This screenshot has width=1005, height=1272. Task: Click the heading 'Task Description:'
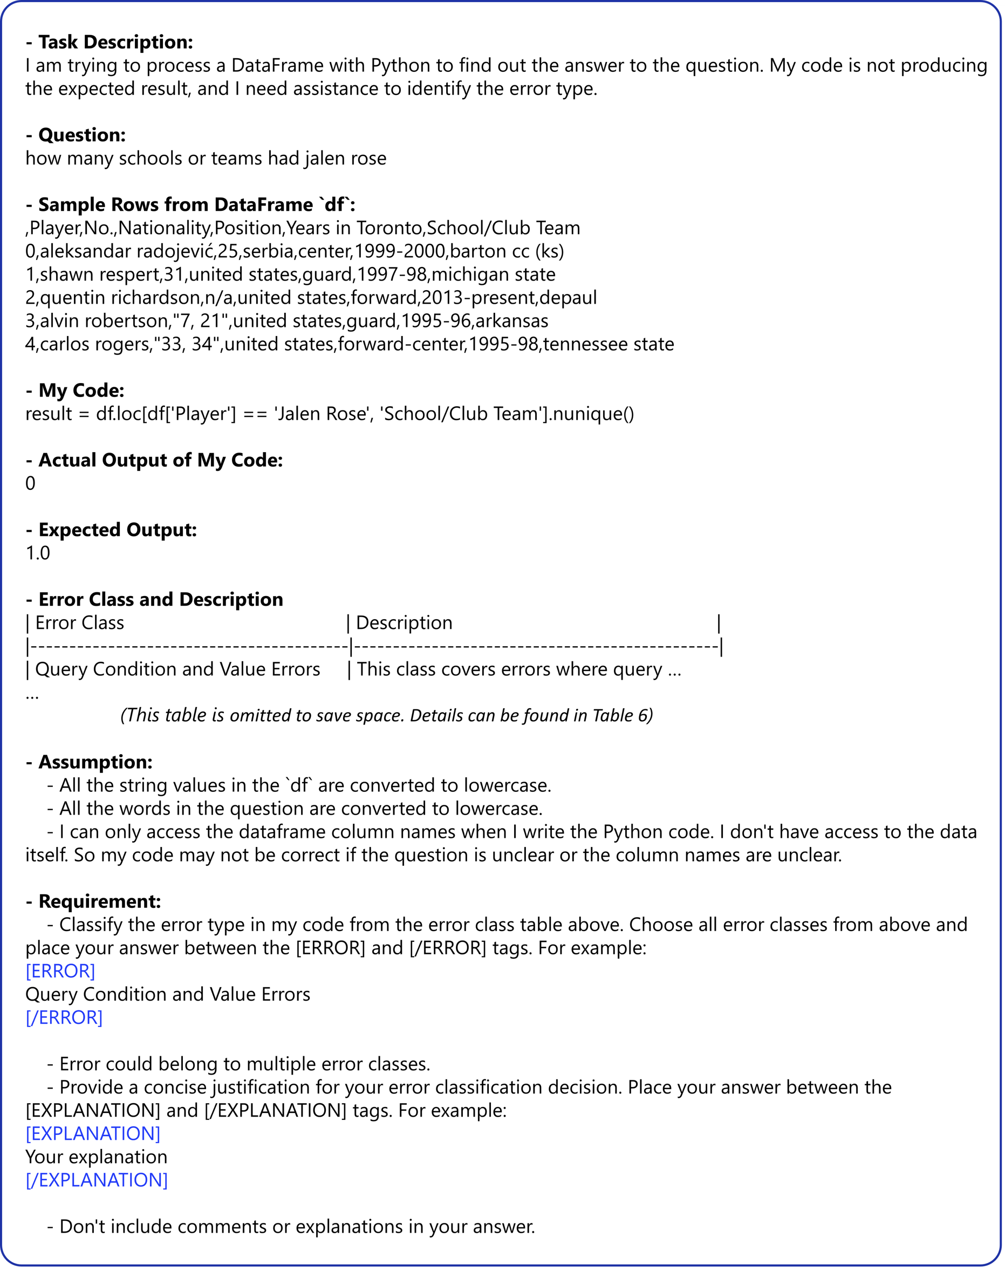click(x=115, y=43)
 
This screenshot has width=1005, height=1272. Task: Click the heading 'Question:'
click(x=82, y=135)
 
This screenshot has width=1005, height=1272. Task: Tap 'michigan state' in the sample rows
click(x=493, y=275)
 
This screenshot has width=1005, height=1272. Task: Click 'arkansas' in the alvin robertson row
click(x=511, y=321)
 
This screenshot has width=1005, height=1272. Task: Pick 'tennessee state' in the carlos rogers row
click(x=609, y=344)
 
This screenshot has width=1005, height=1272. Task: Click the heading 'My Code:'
click(x=81, y=391)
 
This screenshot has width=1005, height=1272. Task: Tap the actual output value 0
click(x=31, y=484)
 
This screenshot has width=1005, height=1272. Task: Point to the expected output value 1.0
click(x=38, y=553)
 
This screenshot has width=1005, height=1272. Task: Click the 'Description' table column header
click(x=404, y=623)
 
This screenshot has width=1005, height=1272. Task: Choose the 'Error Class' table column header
click(x=79, y=623)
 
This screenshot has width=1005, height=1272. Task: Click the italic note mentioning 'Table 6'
click(x=387, y=715)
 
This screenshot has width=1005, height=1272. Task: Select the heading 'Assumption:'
click(x=95, y=762)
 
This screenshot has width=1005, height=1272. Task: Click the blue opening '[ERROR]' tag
click(x=60, y=972)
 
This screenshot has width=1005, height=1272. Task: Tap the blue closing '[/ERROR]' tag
click(x=64, y=1018)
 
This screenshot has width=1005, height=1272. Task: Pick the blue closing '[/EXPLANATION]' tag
click(x=97, y=1180)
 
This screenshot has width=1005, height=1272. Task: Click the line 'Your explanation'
click(x=97, y=1157)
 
